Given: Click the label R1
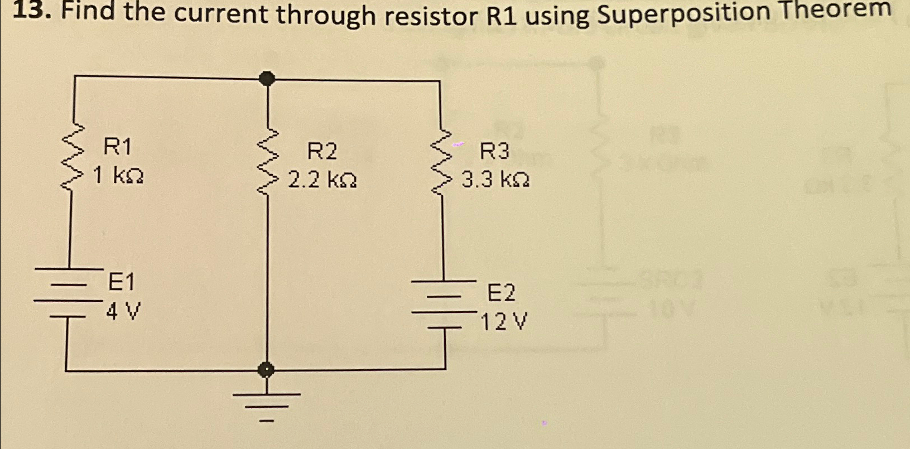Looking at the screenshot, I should coord(118,148).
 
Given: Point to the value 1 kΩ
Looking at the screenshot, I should coord(118,177).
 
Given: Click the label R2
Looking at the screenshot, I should coord(322,152).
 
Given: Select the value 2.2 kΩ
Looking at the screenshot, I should coord(322,181).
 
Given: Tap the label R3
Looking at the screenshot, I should coord(495,151).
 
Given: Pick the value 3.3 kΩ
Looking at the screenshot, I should coord(495,180).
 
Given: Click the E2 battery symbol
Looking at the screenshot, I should coord(444,305).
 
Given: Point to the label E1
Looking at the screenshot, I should coord(121,283).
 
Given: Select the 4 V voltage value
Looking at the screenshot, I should coord(123,311).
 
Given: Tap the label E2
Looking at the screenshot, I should coord(502,293).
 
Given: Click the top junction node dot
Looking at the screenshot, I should coord(268,78).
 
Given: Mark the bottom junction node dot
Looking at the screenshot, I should coord(267,369).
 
